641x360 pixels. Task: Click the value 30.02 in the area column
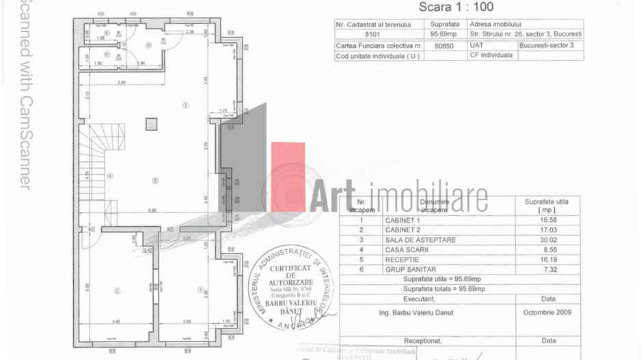click(x=550, y=240)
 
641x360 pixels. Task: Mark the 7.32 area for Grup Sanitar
click(x=550, y=269)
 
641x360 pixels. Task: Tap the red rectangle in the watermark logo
click(x=288, y=176)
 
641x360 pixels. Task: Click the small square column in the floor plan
click(x=151, y=123)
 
